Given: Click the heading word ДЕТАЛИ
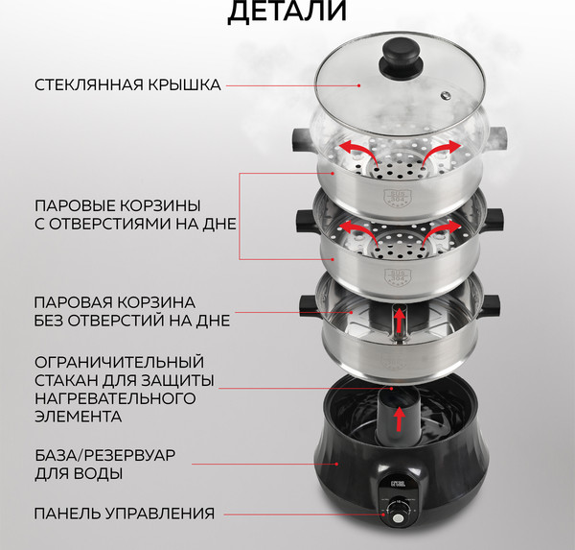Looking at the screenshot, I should (287, 11).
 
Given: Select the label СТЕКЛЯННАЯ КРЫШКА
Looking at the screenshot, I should (127, 85).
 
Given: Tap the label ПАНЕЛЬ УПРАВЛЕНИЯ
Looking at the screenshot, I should (124, 514).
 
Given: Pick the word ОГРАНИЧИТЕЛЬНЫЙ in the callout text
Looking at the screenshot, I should (119, 362).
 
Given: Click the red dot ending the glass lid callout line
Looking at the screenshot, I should (358, 85).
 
